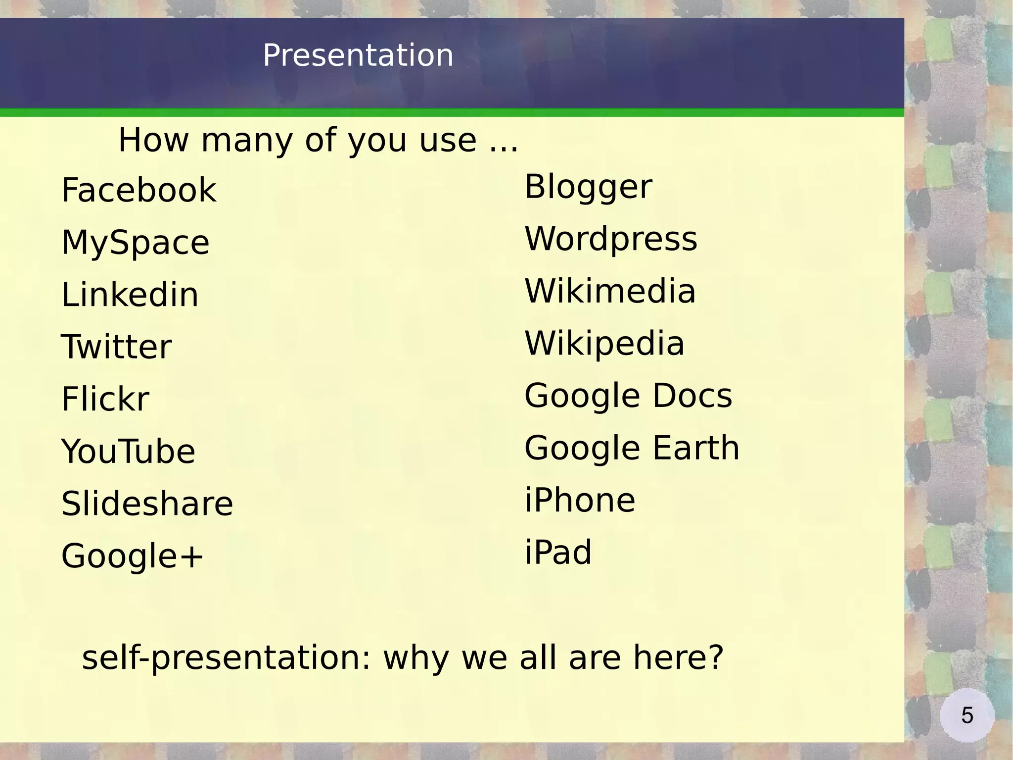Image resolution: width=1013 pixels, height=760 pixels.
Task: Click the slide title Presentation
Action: tap(358, 55)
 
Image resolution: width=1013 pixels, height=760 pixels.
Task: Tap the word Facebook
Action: tap(138, 190)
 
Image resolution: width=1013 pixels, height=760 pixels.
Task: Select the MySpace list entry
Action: tap(135, 243)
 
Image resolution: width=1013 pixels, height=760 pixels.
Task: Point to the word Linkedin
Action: tap(130, 295)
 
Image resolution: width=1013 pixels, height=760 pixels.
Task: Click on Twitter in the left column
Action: tap(116, 347)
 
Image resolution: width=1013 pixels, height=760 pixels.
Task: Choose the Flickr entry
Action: tap(105, 399)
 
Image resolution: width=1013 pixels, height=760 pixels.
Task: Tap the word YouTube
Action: tap(128, 452)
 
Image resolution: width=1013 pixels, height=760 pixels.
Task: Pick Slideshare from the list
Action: tap(147, 504)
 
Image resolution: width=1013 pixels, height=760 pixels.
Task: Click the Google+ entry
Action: tap(132, 556)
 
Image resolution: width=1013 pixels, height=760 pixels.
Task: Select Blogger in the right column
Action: tap(588, 187)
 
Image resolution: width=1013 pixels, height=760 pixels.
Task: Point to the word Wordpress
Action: tap(611, 239)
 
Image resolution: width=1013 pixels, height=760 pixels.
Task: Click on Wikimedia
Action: tap(610, 291)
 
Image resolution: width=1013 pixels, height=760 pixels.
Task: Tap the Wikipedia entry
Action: tap(604, 344)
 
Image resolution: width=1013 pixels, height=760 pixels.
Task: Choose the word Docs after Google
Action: tap(692, 396)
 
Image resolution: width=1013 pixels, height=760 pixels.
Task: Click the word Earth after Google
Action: tap(696, 448)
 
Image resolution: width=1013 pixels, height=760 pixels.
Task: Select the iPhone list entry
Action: tap(580, 500)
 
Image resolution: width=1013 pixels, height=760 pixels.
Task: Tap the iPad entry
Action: tap(558, 552)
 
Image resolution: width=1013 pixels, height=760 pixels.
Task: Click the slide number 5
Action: tap(967, 715)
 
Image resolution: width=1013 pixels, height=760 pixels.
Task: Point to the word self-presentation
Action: tap(226, 659)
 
